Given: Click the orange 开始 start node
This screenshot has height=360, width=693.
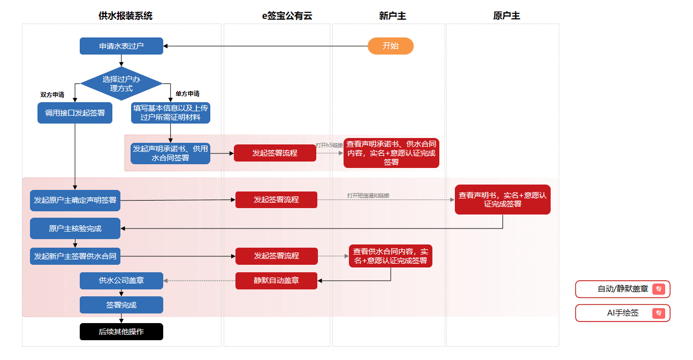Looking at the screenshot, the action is tap(391, 46).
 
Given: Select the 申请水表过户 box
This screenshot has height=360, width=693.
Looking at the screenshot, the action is tap(121, 46).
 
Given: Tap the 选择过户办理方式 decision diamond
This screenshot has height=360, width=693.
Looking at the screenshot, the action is tap(121, 83).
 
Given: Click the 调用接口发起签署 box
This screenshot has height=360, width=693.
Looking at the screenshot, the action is tap(75, 113).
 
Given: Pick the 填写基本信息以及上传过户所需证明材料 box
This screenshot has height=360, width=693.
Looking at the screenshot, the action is tap(171, 113).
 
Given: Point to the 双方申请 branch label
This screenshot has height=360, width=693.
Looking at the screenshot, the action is tap(52, 95).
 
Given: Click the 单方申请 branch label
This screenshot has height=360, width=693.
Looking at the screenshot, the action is tap(187, 94).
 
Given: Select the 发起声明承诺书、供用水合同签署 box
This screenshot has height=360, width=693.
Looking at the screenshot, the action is tap(171, 154).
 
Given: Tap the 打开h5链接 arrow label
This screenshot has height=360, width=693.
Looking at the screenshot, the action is tap(329, 145).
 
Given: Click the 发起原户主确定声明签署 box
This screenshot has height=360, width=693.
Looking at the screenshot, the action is tap(75, 201).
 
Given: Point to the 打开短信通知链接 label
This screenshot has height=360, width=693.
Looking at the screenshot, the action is tap(368, 195).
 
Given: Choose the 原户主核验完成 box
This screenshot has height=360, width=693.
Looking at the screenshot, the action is tap(75, 228).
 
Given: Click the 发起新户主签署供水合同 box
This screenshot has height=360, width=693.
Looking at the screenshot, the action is tap(75, 256).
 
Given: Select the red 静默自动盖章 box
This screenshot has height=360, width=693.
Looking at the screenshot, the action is tap(276, 280).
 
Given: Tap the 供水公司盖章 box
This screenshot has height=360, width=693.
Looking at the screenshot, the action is tap(121, 280).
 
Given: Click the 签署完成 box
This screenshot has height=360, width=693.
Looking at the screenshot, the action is tap(121, 305).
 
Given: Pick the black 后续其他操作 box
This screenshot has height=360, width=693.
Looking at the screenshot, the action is tap(121, 332).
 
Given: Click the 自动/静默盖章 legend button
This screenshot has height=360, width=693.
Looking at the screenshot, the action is tap(623, 289).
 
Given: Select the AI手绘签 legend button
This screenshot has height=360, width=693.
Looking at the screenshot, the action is tap(623, 313).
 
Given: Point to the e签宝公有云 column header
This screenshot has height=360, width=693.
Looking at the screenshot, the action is tap(287, 16).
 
